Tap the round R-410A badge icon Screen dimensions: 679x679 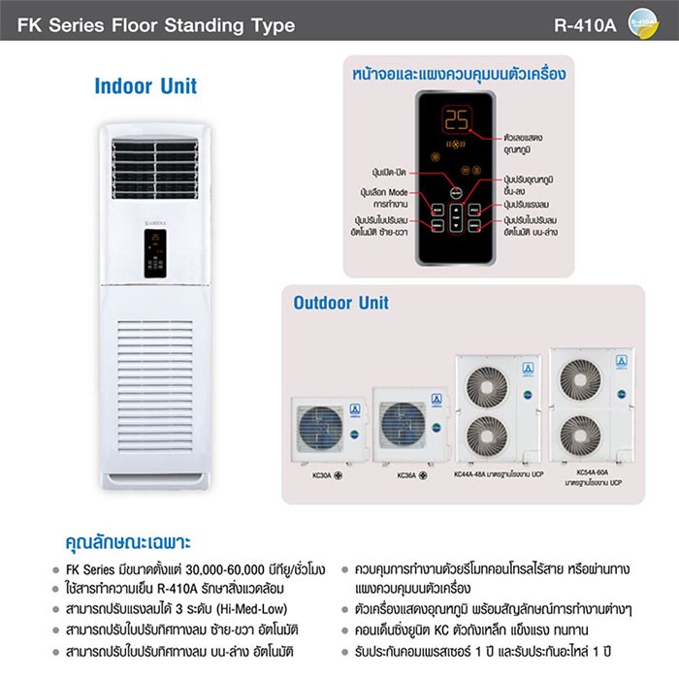point(643,21)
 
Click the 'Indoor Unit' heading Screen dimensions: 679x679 point(145,85)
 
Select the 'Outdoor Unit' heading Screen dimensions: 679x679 point(340,303)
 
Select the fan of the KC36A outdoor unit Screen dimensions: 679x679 point(403,425)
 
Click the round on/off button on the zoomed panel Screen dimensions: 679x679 point(456,192)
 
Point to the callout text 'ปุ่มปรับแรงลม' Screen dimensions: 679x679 point(530,206)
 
